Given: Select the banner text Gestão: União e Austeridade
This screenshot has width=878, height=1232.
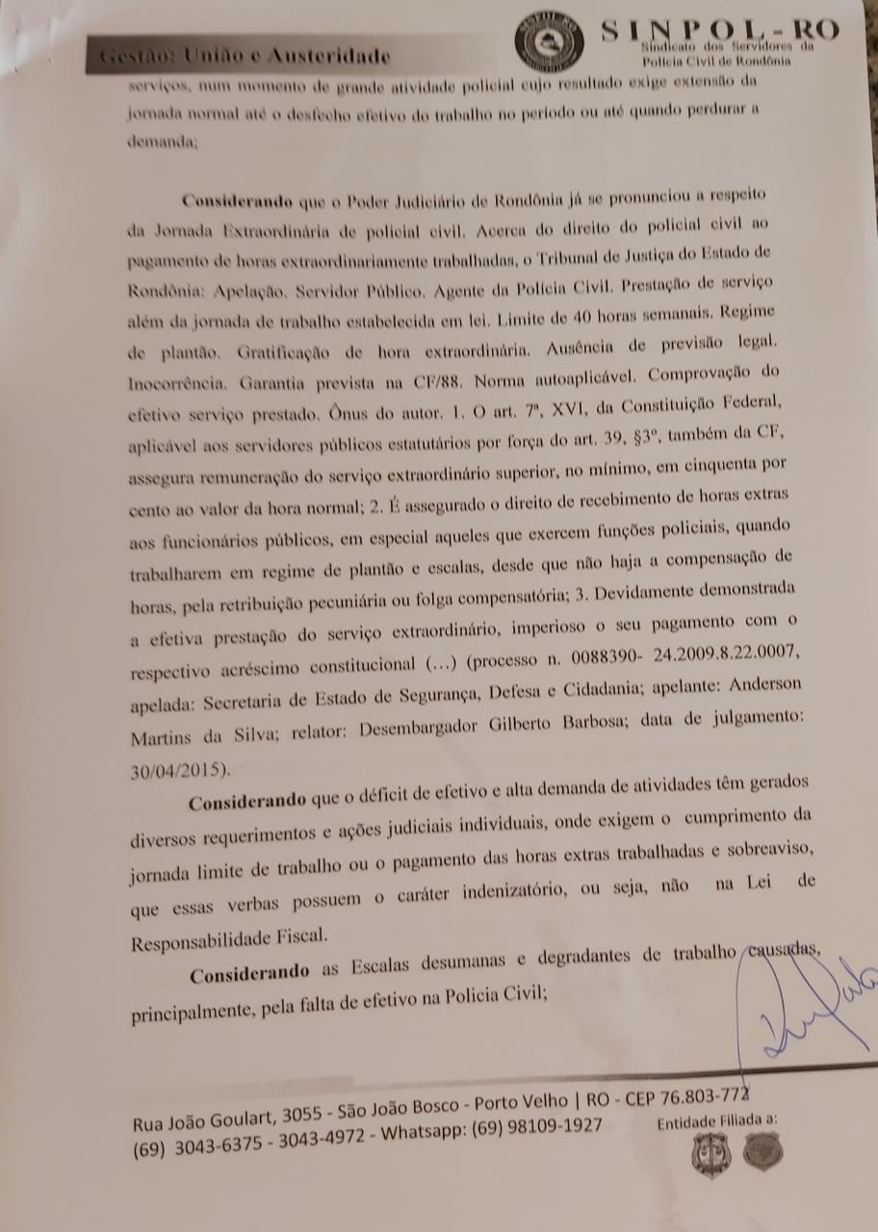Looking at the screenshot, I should [245, 56].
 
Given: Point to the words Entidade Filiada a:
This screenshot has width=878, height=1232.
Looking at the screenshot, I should [716, 1121].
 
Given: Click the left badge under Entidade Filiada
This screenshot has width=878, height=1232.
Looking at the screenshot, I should [711, 1154].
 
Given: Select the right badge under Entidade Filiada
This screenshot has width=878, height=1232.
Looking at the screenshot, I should [762, 1149].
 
